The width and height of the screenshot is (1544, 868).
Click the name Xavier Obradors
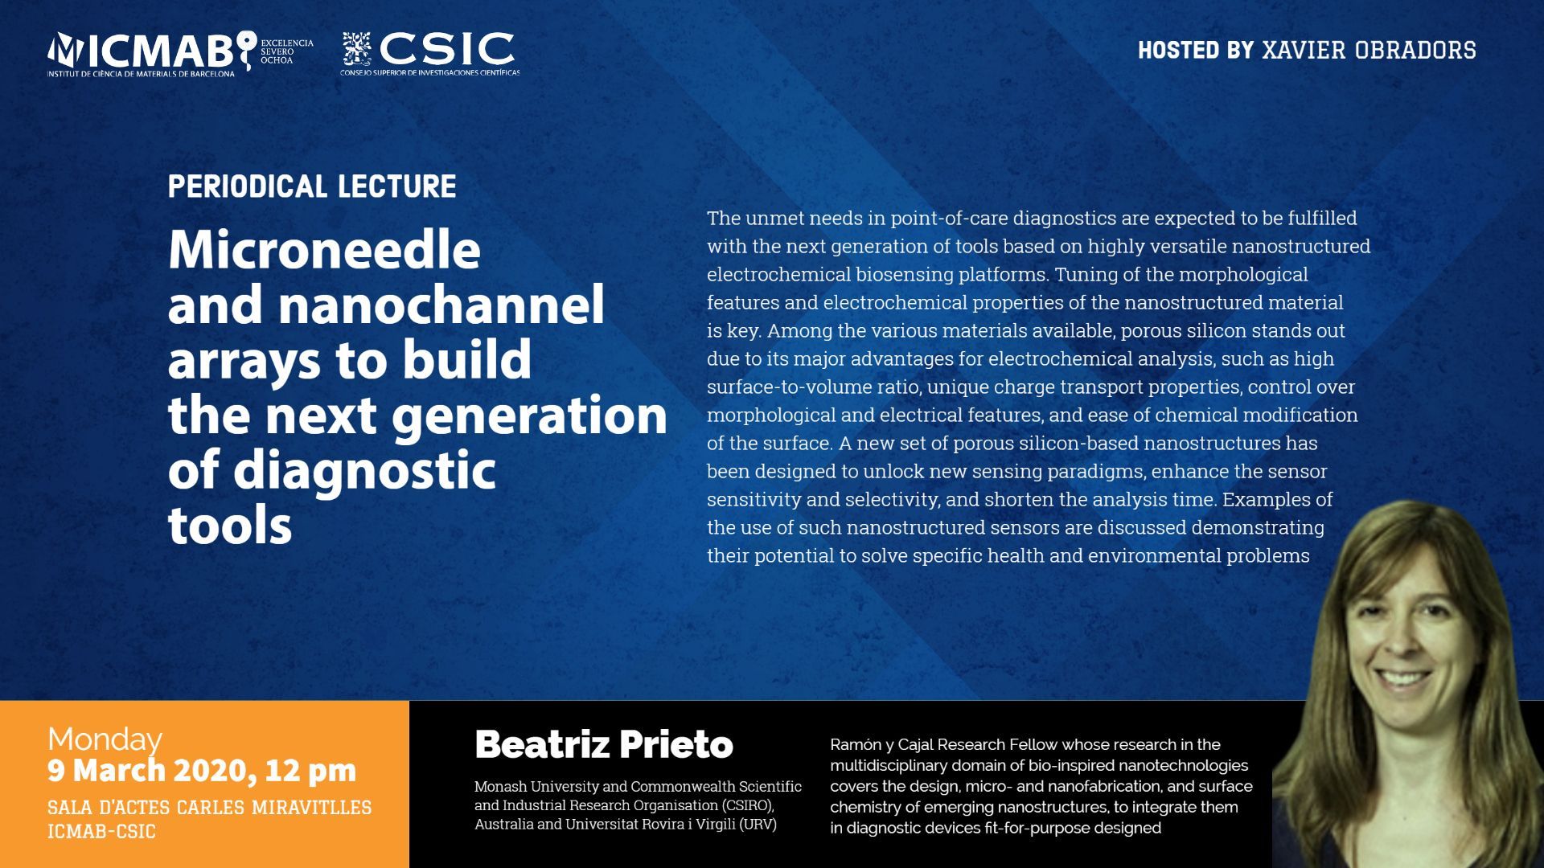1369,50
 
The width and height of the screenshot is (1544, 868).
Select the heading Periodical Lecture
312,186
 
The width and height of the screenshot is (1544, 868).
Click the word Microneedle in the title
324,251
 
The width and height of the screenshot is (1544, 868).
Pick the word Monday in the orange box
105,739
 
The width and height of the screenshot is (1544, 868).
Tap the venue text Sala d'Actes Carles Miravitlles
210,807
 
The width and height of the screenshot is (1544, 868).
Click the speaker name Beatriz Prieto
604,745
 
